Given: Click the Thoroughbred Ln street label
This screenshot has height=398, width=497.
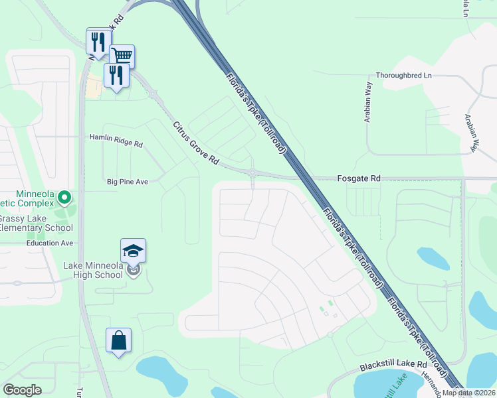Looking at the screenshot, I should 403,76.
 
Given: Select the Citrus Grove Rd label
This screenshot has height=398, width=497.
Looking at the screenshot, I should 195,143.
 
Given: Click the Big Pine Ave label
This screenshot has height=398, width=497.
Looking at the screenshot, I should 127,181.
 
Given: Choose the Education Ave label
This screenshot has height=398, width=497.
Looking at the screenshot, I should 50,243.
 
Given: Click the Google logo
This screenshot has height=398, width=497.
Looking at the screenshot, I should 22,390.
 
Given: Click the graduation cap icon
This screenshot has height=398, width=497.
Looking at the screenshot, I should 133,250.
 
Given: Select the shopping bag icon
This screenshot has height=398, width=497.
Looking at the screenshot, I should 118,340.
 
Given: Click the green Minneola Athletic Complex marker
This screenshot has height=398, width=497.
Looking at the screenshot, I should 64,197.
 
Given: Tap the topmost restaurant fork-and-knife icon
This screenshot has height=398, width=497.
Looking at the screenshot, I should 98,41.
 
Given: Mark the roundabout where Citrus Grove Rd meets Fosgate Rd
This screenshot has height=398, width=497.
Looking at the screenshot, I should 252,173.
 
